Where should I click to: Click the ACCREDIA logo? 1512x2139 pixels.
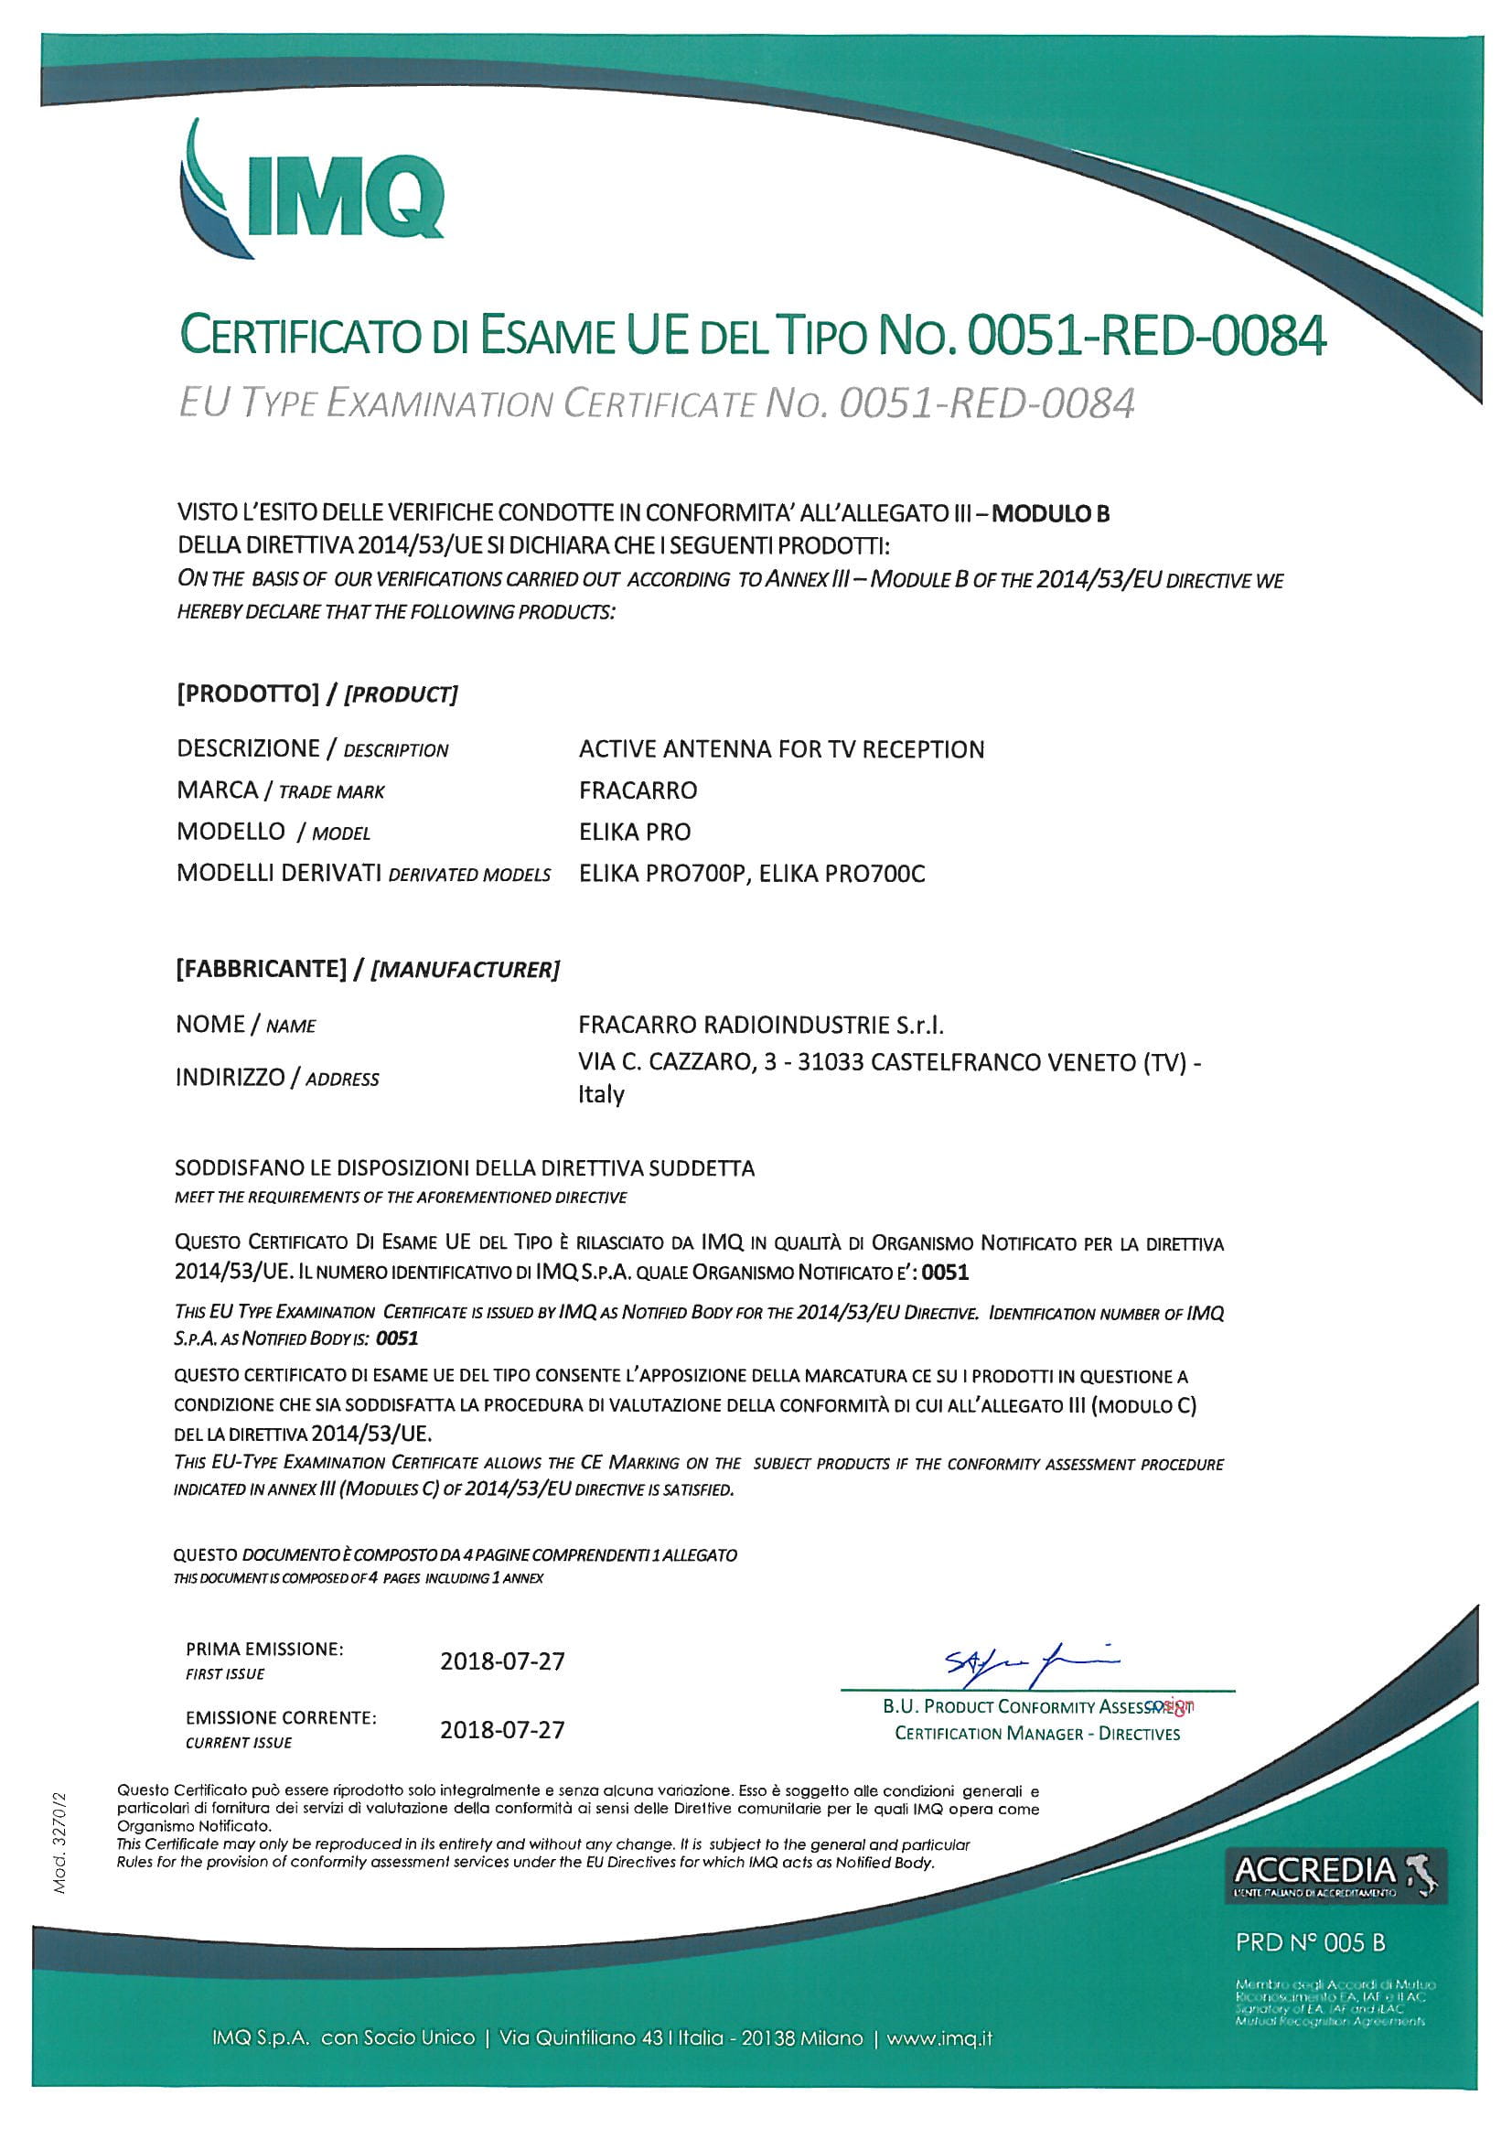point(1334,1874)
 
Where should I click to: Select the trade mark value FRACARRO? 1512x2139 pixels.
point(638,790)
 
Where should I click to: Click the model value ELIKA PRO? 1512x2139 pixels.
point(635,831)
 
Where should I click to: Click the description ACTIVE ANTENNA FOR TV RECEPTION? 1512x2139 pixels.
point(780,749)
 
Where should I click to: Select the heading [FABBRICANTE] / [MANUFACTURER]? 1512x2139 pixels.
point(367,969)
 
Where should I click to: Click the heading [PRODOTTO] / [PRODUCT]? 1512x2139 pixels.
point(316,693)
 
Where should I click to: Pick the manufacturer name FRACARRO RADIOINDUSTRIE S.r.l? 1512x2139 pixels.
point(760,1025)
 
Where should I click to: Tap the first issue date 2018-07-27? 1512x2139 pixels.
point(502,1661)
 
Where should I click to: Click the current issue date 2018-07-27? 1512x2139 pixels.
point(502,1729)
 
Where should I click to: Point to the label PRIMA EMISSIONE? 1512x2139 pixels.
point(264,1649)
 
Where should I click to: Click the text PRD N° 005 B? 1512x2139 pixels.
point(1310,1942)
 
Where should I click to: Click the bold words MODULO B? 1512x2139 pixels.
point(1050,513)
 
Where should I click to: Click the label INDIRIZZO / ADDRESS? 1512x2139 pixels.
point(276,1078)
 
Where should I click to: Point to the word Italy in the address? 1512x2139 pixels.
point(601,1093)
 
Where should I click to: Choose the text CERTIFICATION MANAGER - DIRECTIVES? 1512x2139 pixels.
point(1037,1733)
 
